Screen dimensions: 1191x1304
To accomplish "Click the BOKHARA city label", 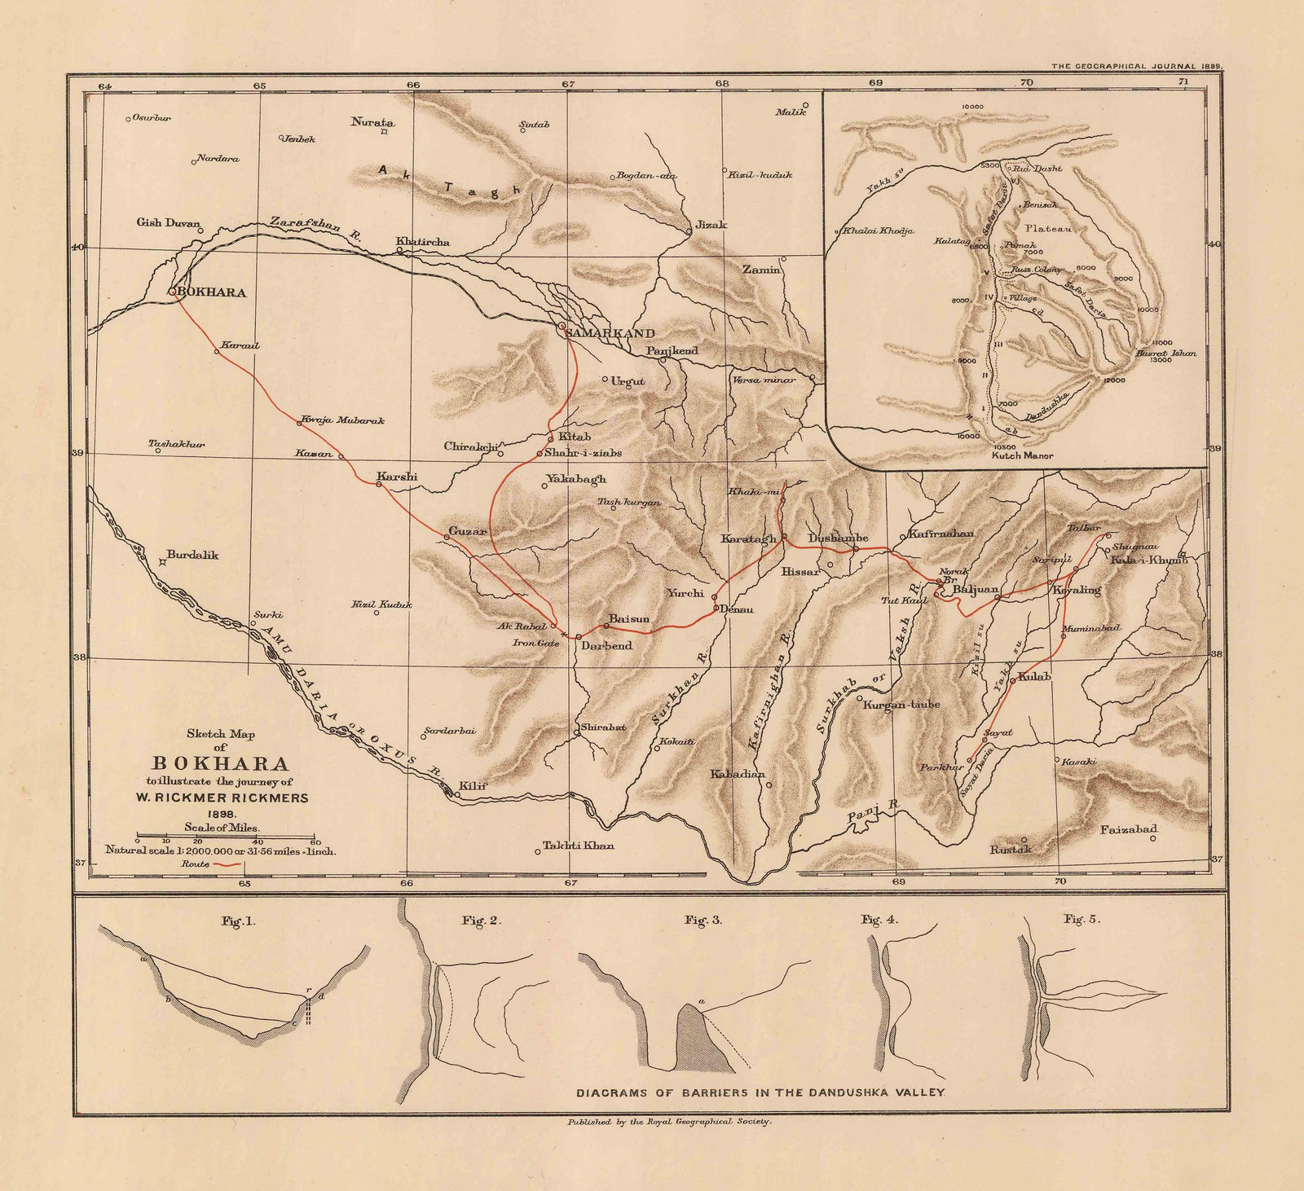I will point(212,292).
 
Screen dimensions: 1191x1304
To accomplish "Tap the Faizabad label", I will point(1129,830).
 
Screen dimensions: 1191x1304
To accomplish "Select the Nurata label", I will point(372,122).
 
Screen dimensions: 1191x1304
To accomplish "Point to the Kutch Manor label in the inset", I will point(1022,455).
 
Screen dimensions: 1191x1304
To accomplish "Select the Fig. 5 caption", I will point(1082,919).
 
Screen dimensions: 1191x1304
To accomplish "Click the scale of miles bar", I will point(227,838).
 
